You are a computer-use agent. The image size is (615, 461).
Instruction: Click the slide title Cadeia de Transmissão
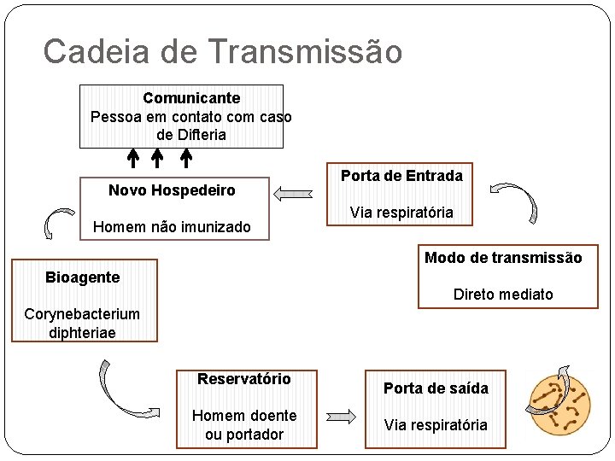point(222,51)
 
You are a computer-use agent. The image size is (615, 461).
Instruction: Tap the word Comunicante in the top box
point(191,98)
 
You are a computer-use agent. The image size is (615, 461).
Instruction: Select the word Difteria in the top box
point(202,135)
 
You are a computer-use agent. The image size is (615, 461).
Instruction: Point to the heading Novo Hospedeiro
point(172,190)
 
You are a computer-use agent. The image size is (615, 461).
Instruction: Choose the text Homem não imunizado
point(172,227)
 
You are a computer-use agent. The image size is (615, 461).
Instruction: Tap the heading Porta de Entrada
point(401,176)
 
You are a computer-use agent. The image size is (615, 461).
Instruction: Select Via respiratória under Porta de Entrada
point(401,212)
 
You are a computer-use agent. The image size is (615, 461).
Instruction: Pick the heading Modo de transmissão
point(503,258)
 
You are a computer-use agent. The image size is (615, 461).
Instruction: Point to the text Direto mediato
point(503,295)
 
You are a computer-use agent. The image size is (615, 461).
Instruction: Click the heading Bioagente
point(82,277)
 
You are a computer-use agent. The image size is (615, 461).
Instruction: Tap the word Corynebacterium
point(82,314)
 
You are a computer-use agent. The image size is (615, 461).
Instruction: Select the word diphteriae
point(82,332)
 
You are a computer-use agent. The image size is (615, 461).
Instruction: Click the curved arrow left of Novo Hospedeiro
point(57,224)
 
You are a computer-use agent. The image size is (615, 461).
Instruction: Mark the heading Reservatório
point(244,379)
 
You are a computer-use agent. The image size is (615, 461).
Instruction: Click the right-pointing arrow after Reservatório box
point(341,417)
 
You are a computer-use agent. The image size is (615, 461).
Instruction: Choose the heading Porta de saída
point(436,388)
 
